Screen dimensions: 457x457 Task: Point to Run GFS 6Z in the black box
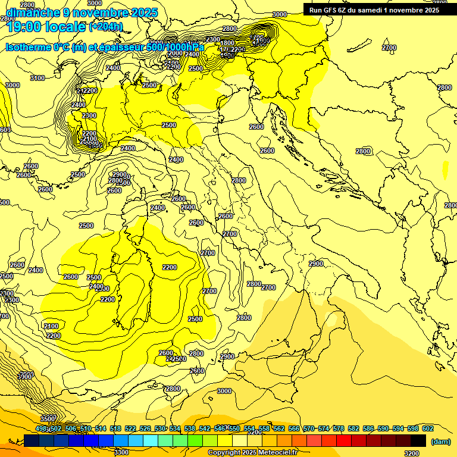pyautogui.click(x=331, y=10)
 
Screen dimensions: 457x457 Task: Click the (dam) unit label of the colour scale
pyautogui.click(x=441, y=441)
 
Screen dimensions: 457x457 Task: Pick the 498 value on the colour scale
pyautogui.click(x=41, y=428)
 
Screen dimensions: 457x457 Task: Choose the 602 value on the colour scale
pyautogui.click(x=427, y=428)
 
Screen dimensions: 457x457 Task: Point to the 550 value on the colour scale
pyautogui.click(x=234, y=428)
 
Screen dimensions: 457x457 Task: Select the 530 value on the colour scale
pyautogui.click(x=160, y=428)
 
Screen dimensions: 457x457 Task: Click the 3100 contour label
pyautogui.click(x=37, y=78)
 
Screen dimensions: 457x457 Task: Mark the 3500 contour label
pyautogui.click(x=48, y=418)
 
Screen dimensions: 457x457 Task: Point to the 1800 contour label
pyautogui.click(x=227, y=43)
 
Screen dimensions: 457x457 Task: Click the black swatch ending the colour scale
pyautogui.click(x=418, y=440)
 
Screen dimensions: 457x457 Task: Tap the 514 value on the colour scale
pyautogui.click(x=101, y=428)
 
